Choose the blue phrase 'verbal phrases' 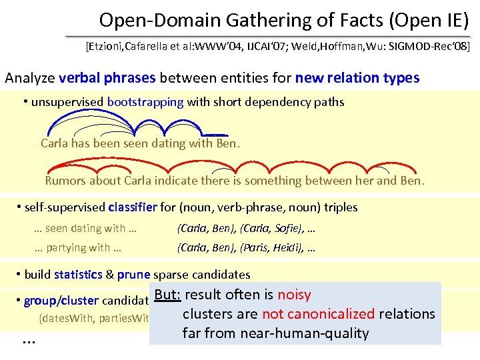pyautogui.click(x=107, y=78)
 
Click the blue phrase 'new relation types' pyautogui.click(x=357, y=78)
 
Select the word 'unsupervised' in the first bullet pyautogui.click(x=67, y=103)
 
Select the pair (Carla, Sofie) pyautogui.click(x=274, y=229)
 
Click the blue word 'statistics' pyautogui.click(x=78, y=275)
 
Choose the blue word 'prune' pyautogui.click(x=134, y=275)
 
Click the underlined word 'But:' pyautogui.click(x=167, y=295)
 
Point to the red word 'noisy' pyautogui.click(x=294, y=295)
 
